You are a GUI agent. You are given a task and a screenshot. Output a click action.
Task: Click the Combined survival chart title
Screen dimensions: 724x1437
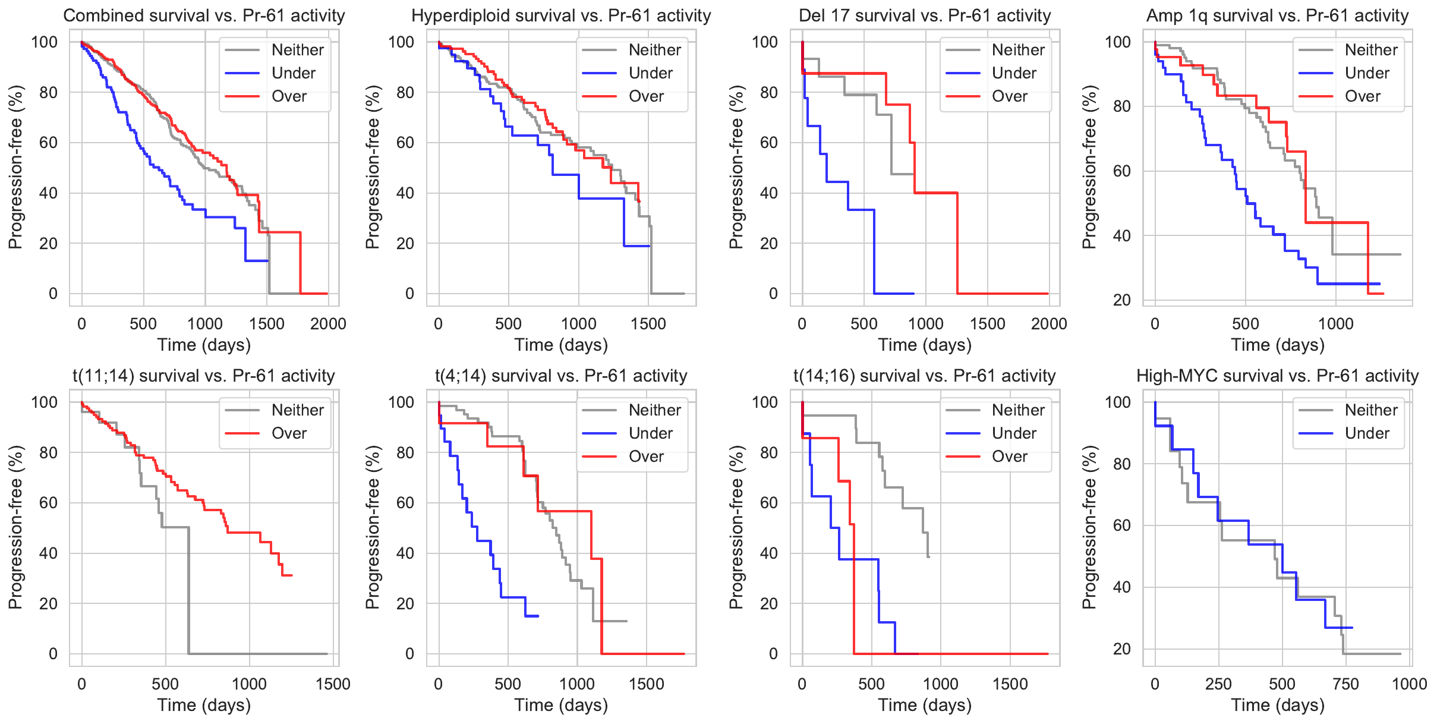pos(204,15)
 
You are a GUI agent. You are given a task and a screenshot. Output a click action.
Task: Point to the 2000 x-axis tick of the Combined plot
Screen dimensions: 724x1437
pos(328,324)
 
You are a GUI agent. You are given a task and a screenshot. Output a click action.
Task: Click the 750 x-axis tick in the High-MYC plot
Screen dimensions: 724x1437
pos(1345,684)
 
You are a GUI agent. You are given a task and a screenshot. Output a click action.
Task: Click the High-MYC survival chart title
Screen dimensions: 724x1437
pos(1277,376)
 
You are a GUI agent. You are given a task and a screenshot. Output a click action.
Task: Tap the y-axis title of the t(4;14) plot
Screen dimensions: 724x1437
pos(373,527)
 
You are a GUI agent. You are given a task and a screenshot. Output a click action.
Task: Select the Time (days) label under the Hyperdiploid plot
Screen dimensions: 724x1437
pos(561,345)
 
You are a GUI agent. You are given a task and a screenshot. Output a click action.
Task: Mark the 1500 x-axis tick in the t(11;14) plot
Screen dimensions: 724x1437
pos(333,684)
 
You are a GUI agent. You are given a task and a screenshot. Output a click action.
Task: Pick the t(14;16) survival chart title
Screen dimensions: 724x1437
pos(924,376)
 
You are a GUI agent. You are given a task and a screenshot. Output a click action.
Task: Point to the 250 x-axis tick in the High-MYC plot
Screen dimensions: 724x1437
pos(1218,684)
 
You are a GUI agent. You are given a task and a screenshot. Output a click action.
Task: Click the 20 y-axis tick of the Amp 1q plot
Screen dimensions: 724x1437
pos(1122,300)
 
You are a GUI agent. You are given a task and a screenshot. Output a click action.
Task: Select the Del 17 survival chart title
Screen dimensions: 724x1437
pos(924,15)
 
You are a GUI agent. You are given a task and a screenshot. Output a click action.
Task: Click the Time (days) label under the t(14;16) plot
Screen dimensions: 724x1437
pos(925,705)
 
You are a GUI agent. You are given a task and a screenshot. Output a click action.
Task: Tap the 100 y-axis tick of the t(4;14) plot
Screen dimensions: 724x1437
pos(401,402)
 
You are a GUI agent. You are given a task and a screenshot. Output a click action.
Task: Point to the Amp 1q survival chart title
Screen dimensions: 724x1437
pos(1277,15)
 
